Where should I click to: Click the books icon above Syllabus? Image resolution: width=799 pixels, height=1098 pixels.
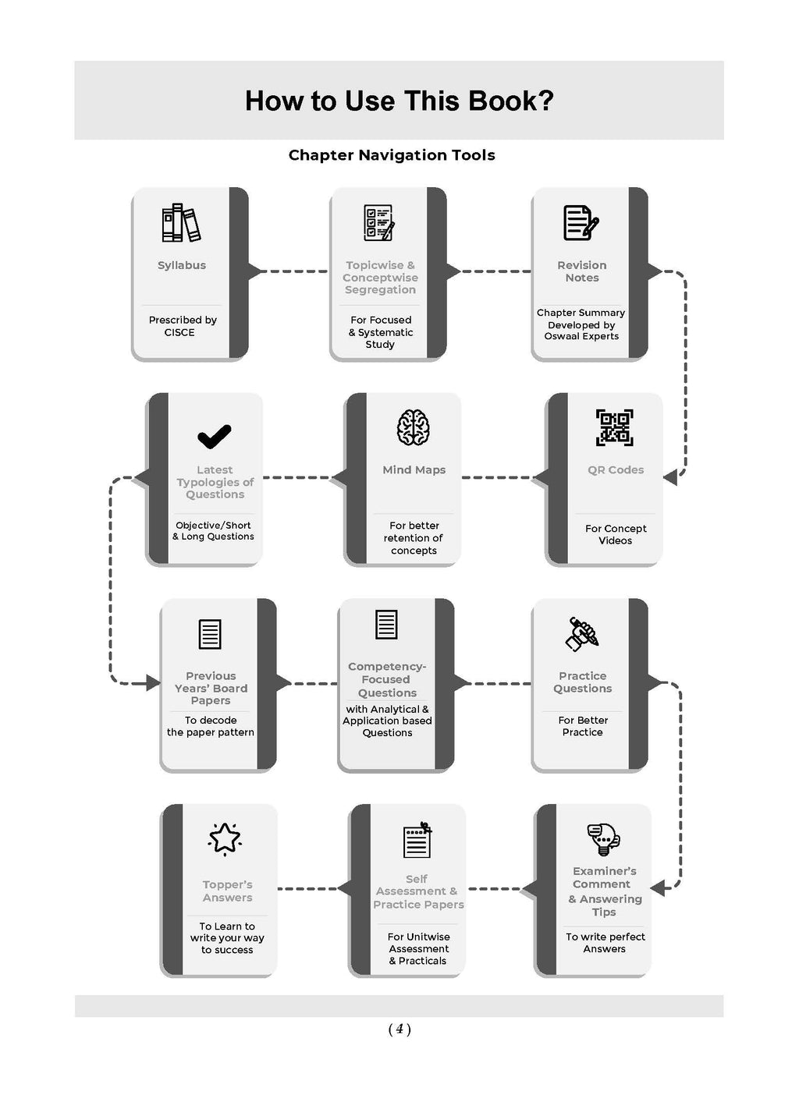(x=181, y=223)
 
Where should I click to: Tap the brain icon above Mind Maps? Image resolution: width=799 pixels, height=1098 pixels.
(x=414, y=427)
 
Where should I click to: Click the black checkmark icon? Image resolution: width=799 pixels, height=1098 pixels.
(x=215, y=436)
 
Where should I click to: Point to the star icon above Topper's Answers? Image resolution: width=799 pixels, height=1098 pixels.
(x=225, y=838)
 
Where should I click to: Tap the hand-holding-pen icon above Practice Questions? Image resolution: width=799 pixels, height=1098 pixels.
(x=582, y=634)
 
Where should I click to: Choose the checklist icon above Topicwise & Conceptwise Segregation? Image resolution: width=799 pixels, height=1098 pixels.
(x=379, y=223)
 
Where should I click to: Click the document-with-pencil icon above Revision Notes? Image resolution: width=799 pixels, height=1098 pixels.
(x=581, y=223)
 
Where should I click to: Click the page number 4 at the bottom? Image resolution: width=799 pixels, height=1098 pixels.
(x=399, y=1029)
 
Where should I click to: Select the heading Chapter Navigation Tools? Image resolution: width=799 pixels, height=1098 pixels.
(x=392, y=155)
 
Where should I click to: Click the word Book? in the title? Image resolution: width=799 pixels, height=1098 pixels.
(x=510, y=101)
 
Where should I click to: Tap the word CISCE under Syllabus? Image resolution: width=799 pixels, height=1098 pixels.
(x=179, y=332)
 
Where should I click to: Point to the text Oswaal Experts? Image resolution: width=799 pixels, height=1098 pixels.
(x=581, y=336)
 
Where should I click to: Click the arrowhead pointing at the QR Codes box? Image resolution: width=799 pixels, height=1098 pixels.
(x=670, y=477)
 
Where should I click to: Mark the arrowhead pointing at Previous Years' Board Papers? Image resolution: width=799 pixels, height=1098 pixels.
(x=153, y=683)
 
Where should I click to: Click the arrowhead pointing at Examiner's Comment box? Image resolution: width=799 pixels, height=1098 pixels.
(x=658, y=887)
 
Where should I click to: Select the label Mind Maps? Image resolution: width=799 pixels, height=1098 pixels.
(x=414, y=470)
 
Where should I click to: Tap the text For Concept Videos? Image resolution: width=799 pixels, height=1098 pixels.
(x=616, y=535)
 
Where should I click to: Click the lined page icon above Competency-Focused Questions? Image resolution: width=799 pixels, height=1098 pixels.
(x=386, y=625)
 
